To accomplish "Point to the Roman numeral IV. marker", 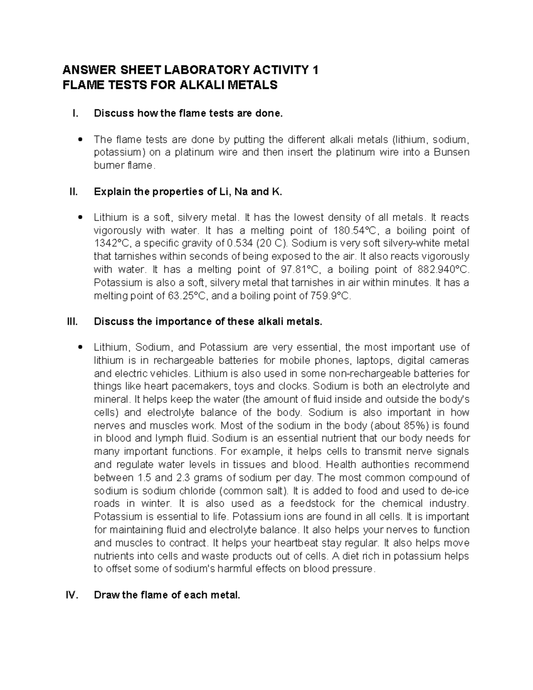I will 72,595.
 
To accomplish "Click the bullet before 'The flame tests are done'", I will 80,140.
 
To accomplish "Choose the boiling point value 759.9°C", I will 329,296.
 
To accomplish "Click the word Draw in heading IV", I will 106,595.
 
